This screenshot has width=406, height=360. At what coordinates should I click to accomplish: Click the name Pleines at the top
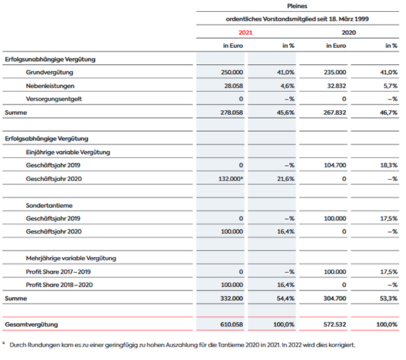(x=297, y=6)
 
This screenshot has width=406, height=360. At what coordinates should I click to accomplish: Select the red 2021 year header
(x=245, y=33)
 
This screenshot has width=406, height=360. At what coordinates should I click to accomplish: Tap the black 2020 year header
(x=348, y=33)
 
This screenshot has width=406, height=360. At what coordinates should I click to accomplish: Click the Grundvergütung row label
(x=49, y=73)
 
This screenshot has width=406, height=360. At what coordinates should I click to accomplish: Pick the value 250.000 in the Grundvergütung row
(x=232, y=72)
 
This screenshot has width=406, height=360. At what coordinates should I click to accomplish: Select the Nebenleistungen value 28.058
(x=233, y=86)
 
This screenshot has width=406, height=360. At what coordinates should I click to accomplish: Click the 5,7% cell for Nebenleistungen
(x=390, y=86)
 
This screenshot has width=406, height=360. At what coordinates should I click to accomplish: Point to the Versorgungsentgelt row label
(x=54, y=99)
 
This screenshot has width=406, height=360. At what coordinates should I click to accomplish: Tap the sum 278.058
(x=232, y=113)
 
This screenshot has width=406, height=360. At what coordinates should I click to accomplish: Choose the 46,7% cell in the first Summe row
(x=388, y=113)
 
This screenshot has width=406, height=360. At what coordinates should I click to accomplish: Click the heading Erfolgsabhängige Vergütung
(x=47, y=139)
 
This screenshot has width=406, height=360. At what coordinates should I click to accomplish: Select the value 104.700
(x=335, y=165)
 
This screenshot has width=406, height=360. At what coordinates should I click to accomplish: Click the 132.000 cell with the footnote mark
(x=231, y=179)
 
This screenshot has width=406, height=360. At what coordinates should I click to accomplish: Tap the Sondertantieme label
(x=49, y=205)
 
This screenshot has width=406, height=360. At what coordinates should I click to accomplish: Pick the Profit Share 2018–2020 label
(x=59, y=285)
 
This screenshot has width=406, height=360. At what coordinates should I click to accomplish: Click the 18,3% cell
(x=389, y=165)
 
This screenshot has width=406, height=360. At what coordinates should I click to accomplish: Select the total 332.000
(x=232, y=298)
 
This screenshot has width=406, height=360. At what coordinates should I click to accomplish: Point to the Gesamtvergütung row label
(x=31, y=325)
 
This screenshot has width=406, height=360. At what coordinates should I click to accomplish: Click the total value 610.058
(x=232, y=325)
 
